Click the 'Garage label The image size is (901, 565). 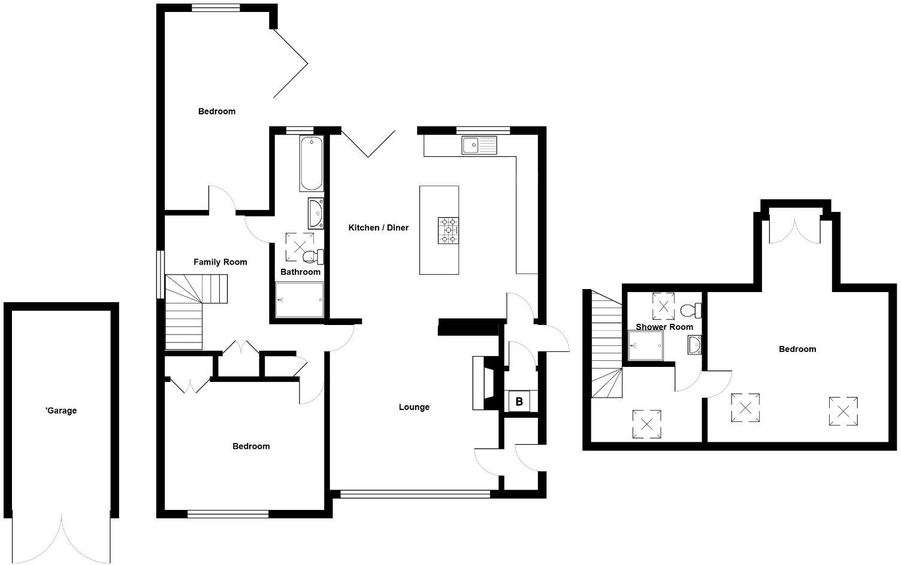tap(61, 411)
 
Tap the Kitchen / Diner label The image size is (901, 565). tap(379, 227)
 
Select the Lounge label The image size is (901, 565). tap(414, 407)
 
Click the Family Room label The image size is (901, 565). tap(220, 262)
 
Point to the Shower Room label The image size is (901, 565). tap(664, 327)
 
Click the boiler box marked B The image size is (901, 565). tap(519, 402)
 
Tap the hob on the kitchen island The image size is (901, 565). tap(448, 230)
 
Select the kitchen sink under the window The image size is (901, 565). tap(479, 145)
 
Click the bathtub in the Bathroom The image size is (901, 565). tap(312, 163)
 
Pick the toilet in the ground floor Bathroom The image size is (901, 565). tap(313, 257)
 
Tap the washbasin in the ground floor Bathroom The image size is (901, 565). tap(316, 213)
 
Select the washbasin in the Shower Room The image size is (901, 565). tap(695, 345)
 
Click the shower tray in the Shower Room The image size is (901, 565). tap(645, 346)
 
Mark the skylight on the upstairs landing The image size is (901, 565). tap(646, 424)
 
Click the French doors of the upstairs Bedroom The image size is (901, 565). tap(795, 230)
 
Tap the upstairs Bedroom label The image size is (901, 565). tap(797, 349)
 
